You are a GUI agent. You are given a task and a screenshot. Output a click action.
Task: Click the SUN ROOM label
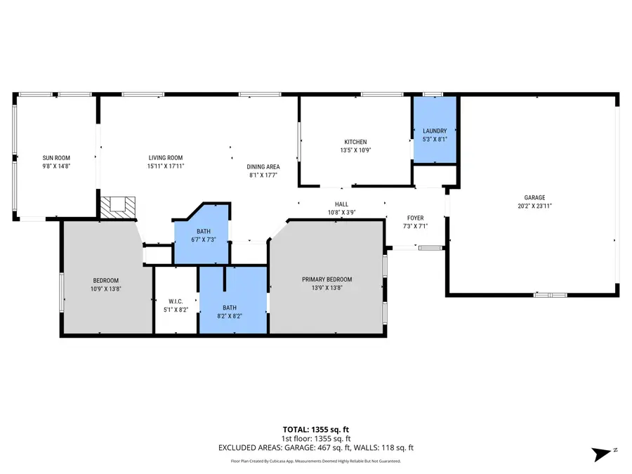pos(56,158)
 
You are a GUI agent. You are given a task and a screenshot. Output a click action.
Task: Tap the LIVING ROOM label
pos(165,158)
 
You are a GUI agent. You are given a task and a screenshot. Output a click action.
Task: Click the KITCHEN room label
pos(355,142)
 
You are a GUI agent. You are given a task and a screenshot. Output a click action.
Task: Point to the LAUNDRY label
pos(435,131)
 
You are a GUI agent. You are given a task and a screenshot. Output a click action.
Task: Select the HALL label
pos(341,204)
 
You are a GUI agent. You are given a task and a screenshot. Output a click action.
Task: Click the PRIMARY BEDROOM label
pos(327,279)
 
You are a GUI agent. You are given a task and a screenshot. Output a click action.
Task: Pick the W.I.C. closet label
pos(175,301)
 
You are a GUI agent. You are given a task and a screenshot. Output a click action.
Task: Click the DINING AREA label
pos(263,167)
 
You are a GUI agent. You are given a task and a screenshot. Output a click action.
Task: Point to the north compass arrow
pos(603,454)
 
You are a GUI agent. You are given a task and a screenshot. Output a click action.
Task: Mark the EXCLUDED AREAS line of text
pos(315,447)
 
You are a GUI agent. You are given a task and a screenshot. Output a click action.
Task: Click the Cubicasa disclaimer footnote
pos(315,461)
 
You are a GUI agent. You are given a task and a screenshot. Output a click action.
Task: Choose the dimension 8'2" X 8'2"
pos(230,316)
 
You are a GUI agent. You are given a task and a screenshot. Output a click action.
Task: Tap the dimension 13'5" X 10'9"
pos(355,150)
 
